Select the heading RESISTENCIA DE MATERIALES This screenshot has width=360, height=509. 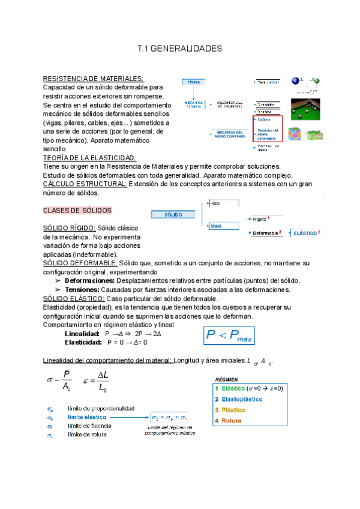coord(94,79)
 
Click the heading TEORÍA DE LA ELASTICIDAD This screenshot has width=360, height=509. coord(90,157)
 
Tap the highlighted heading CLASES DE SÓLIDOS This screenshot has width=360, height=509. coord(77,211)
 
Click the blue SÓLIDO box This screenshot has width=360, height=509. coord(174,214)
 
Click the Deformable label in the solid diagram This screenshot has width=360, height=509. coord(266,232)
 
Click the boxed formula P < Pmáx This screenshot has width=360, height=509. coord(230,336)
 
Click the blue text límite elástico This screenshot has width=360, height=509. coord(87,416)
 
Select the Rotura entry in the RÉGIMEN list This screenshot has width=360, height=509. coord(232,420)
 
